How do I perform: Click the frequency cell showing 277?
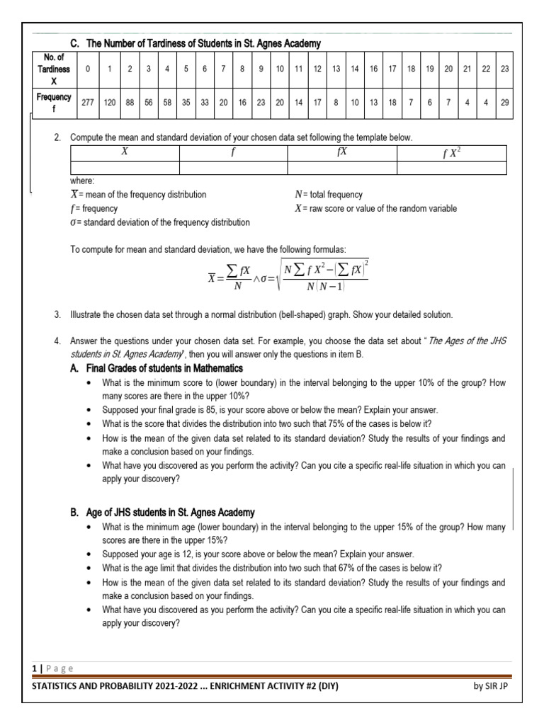[88, 102]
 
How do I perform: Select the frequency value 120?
[110, 102]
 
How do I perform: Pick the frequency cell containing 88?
[130, 102]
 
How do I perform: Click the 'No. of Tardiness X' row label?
[54, 69]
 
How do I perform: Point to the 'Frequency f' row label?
[54, 102]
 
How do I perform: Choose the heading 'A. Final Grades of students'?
[156, 368]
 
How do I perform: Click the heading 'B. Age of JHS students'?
[162, 512]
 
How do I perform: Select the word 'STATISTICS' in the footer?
[52, 685]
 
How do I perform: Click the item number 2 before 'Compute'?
[57, 136]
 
